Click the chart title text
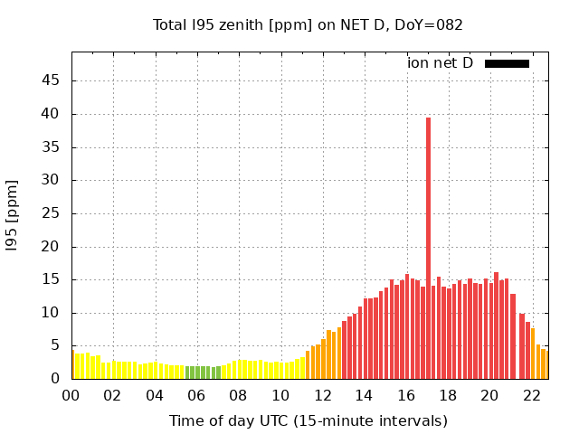(308, 25)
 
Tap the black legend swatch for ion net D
(507, 63)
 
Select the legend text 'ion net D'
(440, 63)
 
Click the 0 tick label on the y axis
(55, 379)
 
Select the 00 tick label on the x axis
(71, 395)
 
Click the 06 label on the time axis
(196, 395)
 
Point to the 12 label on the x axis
(322, 395)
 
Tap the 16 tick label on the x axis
(406, 395)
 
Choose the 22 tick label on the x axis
(531, 395)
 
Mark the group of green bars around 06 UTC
(203, 373)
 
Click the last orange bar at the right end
(544, 364)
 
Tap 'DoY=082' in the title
(430, 25)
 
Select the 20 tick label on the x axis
(489, 395)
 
